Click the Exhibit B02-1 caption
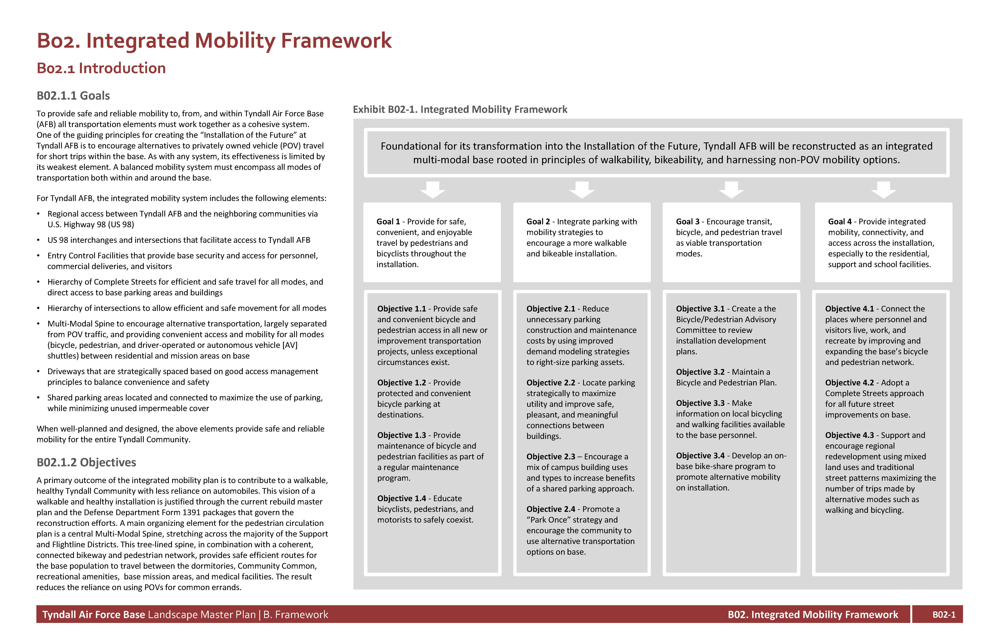pyautogui.click(x=460, y=109)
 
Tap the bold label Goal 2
pyautogui.click(x=538, y=222)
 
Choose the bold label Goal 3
pyautogui.click(x=687, y=222)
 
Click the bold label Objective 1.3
pyautogui.click(x=401, y=435)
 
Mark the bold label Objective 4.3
pyautogui.click(x=849, y=435)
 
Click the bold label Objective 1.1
pyautogui.click(x=401, y=309)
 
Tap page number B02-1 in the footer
pyautogui.click(x=944, y=615)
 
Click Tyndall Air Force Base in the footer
pyautogui.click(x=94, y=615)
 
